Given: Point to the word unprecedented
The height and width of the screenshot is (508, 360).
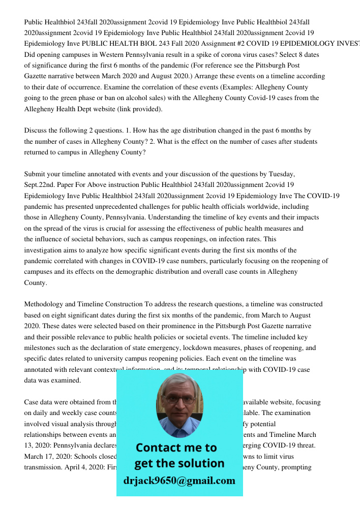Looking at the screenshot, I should pos(119,207).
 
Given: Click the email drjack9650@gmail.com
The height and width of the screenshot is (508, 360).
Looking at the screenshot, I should pos(179,480).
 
